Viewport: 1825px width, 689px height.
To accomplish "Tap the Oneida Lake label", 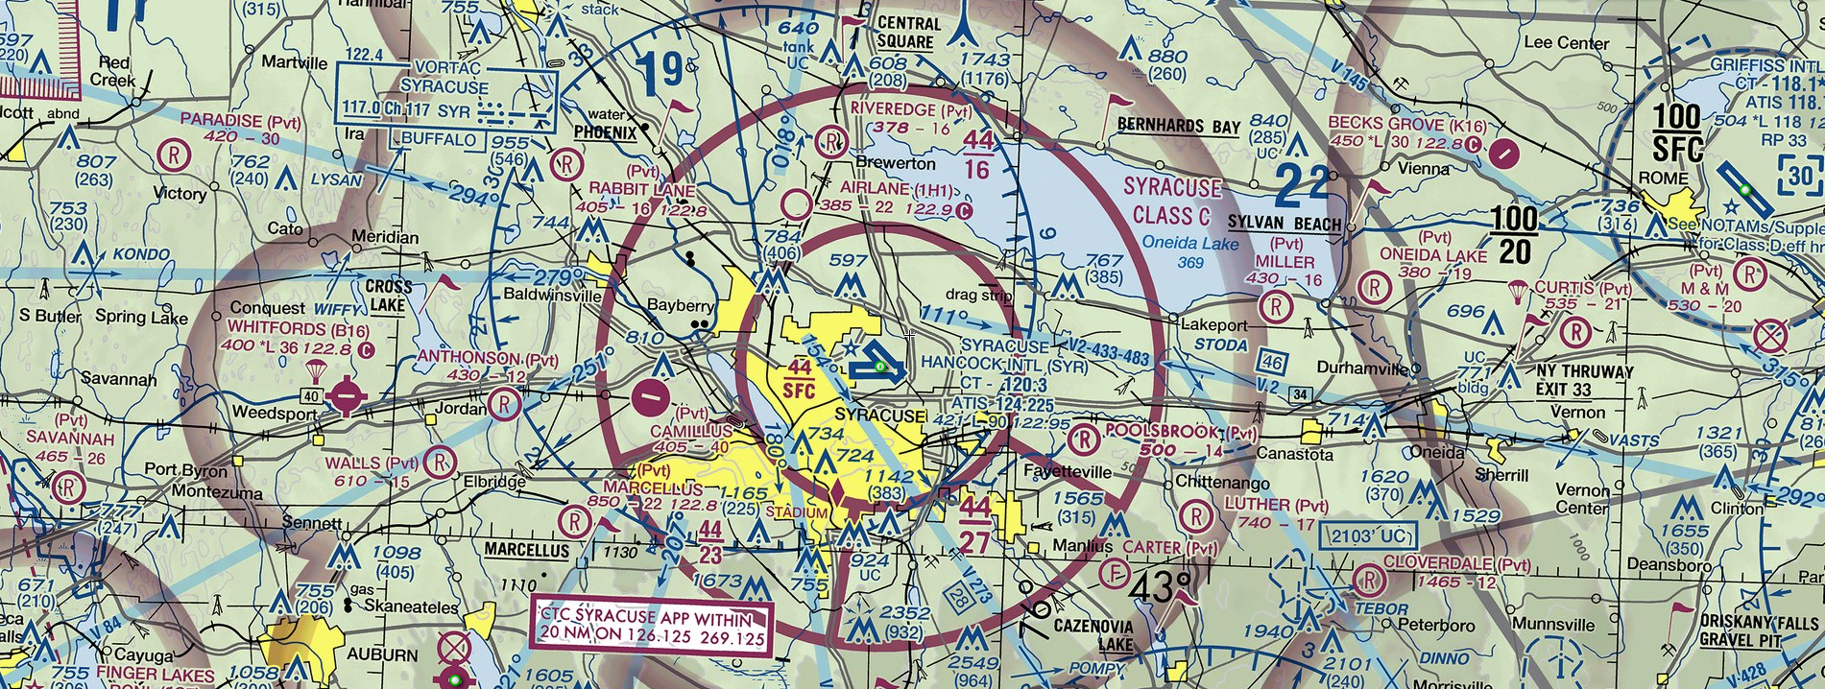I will point(1190,244).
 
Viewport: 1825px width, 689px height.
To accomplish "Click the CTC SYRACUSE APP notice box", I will point(652,628).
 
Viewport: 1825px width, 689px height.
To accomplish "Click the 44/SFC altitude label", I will point(799,379).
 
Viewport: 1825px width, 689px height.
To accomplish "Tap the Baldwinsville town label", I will point(551,295).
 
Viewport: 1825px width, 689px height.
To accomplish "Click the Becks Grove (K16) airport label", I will point(1406,124).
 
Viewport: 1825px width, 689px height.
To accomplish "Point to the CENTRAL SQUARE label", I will point(908,33).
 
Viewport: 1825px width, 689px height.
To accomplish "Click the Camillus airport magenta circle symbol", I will point(652,394).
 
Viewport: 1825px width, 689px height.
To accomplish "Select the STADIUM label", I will point(797,512).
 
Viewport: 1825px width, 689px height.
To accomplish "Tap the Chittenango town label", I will point(1222,483).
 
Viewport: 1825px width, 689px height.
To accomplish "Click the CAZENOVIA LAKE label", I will point(1093,634).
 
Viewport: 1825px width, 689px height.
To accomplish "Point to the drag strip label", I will point(978,295).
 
